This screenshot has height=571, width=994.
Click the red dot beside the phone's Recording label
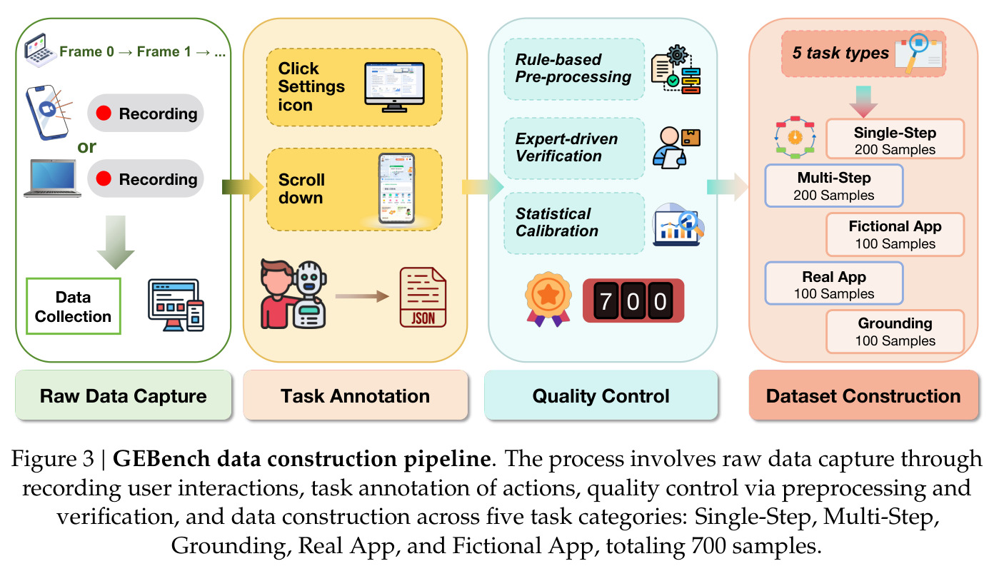[x=104, y=113]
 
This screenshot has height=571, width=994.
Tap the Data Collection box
[x=74, y=306]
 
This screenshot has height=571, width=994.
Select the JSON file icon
[x=423, y=297]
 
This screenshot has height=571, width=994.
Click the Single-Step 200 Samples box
[x=895, y=139]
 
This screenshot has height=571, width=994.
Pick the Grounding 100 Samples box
[x=895, y=331]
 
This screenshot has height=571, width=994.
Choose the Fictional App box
[x=895, y=235]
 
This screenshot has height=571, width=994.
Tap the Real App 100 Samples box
[x=834, y=283]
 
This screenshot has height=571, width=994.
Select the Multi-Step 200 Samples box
[x=834, y=186]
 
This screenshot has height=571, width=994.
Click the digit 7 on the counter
[x=606, y=301]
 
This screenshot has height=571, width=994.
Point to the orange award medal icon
[x=548, y=299]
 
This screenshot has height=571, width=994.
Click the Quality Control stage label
[x=601, y=395]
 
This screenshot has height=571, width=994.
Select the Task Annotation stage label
[x=355, y=395]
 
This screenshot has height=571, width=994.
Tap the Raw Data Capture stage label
[x=124, y=395]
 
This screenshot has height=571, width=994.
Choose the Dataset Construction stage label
[x=863, y=395]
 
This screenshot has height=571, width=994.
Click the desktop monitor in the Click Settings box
[x=394, y=87]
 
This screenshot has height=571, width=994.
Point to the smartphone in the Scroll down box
[x=396, y=188]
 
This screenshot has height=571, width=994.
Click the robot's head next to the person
[x=309, y=278]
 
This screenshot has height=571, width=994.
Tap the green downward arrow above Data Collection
[x=116, y=242]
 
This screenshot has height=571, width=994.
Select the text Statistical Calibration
[x=557, y=222]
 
